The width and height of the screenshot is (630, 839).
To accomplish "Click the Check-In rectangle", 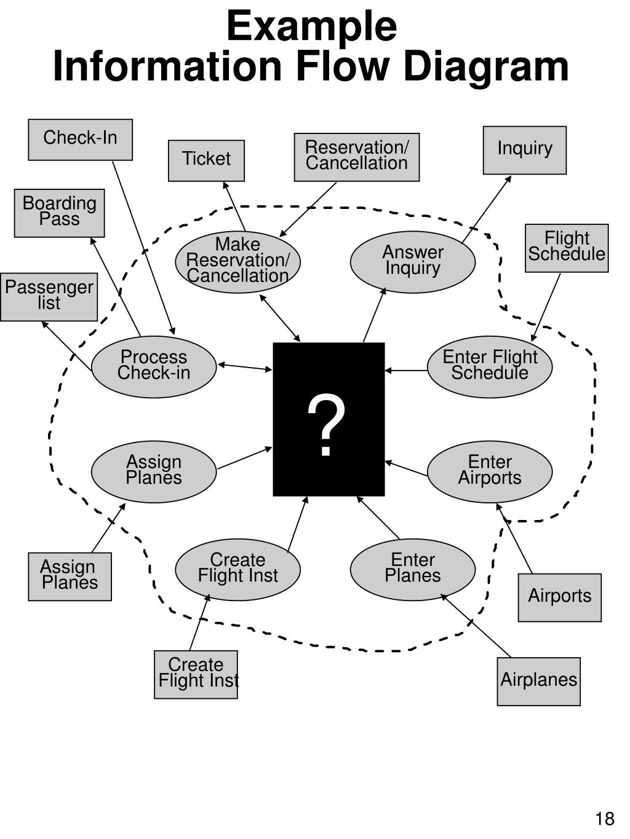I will pyautogui.click(x=80, y=140).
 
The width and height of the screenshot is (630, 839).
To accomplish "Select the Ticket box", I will pyautogui.click(x=206, y=160).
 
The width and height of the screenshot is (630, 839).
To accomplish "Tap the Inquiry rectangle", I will pyautogui.click(x=524, y=150).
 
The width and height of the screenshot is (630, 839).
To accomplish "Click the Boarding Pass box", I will pyautogui.click(x=59, y=213).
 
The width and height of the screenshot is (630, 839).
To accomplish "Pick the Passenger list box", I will pyautogui.click(x=49, y=296).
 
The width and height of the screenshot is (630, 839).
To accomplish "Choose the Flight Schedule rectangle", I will pyautogui.click(x=567, y=248).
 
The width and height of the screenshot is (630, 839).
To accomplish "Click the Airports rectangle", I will pyautogui.click(x=559, y=597).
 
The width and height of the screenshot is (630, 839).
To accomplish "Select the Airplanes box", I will pyautogui.click(x=538, y=681).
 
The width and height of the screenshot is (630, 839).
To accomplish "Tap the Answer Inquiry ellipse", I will pyautogui.click(x=412, y=261).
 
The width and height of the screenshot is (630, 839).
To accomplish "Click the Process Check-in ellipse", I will pyautogui.click(x=154, y=366).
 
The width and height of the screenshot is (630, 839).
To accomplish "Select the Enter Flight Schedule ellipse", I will pyautogui.click(x=490, y=366).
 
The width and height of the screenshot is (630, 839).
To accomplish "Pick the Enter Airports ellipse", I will pyautogui.click(x=490, y=471).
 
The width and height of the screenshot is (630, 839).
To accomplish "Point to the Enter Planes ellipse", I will pyautogui.click(x=412, y=569).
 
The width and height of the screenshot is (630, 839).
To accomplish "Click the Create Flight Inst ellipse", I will pyautogui.click(x=237, y=569).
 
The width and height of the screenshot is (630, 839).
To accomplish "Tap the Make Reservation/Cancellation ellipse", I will pyautogui.click(x=237, y=261).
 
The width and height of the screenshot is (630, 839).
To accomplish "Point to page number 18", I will pyautogui.click(x=604, y=819).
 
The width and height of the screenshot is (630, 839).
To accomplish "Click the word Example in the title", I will pyautogui.click(x=311, y=27).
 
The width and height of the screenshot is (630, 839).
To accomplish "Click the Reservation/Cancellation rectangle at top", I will pyautogui.click(x=356, y=157).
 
